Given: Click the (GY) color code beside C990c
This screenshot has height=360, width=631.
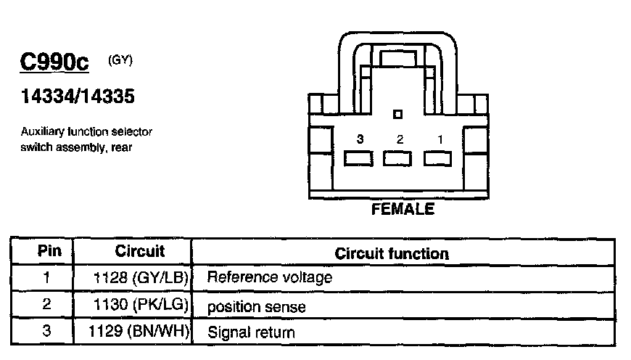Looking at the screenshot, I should tap(120, 60).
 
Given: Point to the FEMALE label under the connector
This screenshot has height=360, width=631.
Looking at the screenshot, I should tap(403, 210).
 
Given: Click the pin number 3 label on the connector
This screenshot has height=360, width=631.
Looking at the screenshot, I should tap(358, 138).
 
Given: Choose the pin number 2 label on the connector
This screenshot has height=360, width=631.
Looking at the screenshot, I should tap(397, 138).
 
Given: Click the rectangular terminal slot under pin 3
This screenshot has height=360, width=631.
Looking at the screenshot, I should tap(358, 158).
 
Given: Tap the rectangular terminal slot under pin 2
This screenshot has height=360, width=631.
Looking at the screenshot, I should tap(397, 158).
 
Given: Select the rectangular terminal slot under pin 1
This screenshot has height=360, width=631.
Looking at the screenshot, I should tap(437, 158).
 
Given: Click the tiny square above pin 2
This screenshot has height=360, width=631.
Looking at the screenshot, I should tap(397, 114).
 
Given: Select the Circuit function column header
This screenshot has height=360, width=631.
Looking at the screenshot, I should tap(392, 253).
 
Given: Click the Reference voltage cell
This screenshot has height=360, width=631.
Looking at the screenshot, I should tap(270, 277).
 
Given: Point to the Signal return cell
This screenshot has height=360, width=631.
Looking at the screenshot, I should tap(251, 333).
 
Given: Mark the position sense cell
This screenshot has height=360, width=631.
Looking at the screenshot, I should tap(256, 307).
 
